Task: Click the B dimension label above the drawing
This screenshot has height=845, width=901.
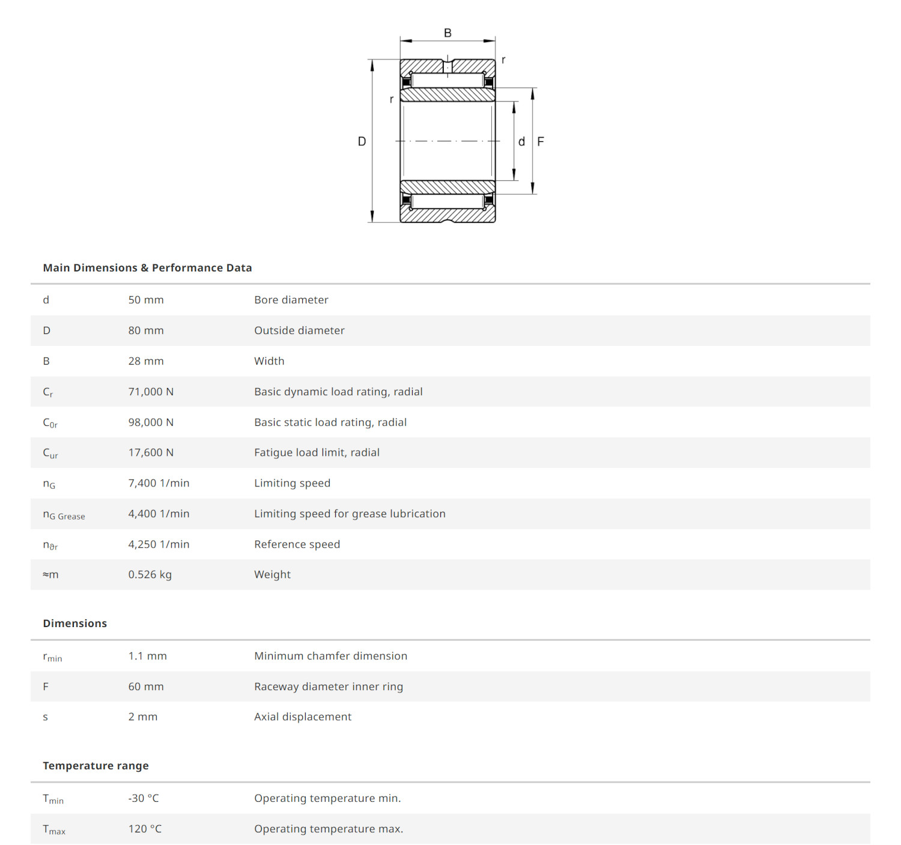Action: [x=447, y=33]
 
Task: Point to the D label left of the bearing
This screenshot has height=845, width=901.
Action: [x=362, y=141]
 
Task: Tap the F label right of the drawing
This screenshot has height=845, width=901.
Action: [x=541, y=142]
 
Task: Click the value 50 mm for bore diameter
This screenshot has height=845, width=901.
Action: [x=146, y=300]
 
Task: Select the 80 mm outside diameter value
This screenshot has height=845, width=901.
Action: [x=146, y=330]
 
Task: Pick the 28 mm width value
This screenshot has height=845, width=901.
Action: [x=146, y=361]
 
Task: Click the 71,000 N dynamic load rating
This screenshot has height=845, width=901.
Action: [x=151, y=392]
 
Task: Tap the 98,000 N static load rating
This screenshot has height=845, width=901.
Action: [x=151, y=422]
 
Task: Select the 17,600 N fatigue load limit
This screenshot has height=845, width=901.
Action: [x=151, y=452]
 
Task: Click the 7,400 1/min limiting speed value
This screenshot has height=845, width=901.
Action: [x=159, y=483]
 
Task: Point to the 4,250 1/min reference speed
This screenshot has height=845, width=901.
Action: [x=159, y=544]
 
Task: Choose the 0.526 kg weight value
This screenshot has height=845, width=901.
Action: [x=150, y=574]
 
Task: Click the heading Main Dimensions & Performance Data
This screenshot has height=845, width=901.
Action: [x=147, y=268]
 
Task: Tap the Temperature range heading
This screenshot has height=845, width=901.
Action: [x=96, y=766]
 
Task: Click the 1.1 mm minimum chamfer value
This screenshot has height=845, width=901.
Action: [x=148, y=656]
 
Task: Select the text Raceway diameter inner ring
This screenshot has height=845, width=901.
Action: [x=329, y=686]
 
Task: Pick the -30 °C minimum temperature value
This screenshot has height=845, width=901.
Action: [x=144, y=798]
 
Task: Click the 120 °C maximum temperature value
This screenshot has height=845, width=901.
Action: [x=145, y=829]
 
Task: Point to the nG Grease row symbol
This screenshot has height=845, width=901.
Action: [x=64, y=515]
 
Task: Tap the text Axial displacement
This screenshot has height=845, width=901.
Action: [x=303, y=716]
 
